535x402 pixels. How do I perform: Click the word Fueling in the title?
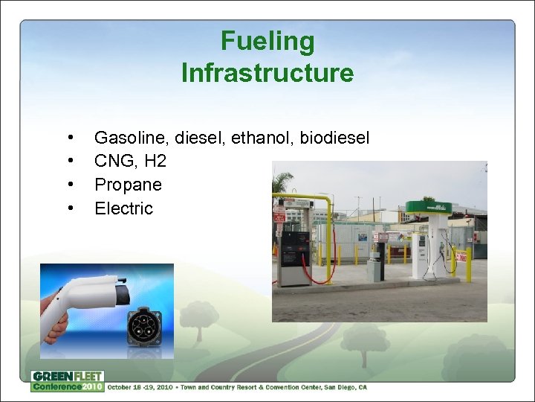tap(267, 42)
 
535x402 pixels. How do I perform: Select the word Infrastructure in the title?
tap(267, 73)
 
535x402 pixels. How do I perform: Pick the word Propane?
tap(128, 185)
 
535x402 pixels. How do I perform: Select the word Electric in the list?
tap(123, 208)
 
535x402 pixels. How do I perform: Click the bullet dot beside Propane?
tap(69, 185)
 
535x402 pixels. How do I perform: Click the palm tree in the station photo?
tap(282, 182)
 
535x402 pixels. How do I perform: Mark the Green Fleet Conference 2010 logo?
tap(67, 381)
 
